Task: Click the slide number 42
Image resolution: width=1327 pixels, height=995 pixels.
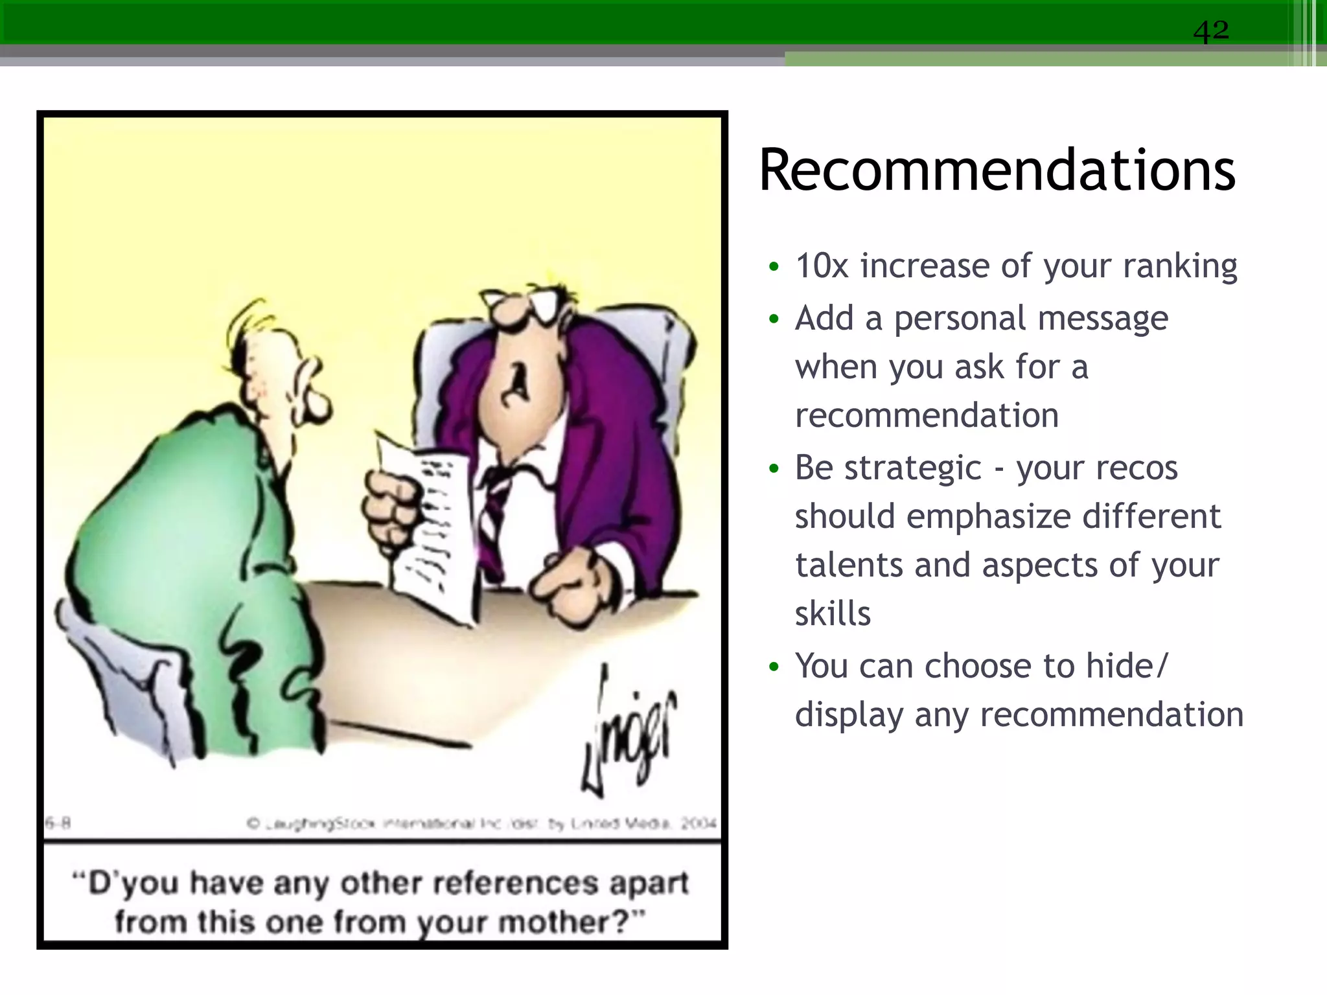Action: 1210,30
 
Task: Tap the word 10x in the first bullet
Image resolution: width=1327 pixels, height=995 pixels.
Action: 822,266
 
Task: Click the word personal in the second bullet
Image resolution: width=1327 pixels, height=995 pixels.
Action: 965,319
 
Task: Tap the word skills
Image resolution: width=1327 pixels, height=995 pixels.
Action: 833,613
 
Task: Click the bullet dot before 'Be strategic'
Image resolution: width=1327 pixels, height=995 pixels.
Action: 773,468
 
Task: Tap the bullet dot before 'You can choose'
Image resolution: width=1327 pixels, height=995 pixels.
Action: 773,667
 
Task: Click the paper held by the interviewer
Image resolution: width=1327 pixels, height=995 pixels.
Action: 431,531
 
